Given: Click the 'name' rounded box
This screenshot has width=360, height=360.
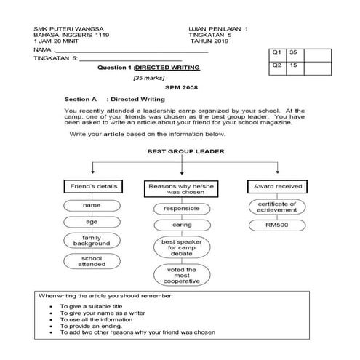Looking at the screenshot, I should [91, 206].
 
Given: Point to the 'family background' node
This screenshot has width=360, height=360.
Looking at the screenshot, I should [91, 241].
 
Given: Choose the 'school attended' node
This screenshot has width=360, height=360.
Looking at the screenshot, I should [91, 261].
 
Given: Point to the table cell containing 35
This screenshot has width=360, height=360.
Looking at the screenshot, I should [293, 53].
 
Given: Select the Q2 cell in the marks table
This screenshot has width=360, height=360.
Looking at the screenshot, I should [276, 65].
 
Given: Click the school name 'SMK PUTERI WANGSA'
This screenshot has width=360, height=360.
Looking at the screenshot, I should [60, 28].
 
